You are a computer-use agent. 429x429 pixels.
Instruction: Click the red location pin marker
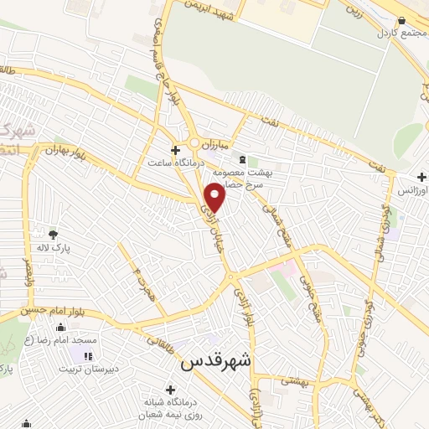(216, 199)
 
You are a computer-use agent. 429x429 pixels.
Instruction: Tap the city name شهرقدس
(216, 364)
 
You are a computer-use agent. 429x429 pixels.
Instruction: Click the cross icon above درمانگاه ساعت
(174, 151)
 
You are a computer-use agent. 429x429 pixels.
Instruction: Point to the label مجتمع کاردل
(402, 32)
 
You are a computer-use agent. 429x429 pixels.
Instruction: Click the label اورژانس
(412, 191)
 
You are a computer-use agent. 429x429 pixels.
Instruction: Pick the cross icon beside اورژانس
(422, 178)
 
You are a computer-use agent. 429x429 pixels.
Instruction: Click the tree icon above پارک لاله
(54, 235)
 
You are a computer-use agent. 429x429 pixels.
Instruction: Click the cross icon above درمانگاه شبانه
(171, 390)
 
